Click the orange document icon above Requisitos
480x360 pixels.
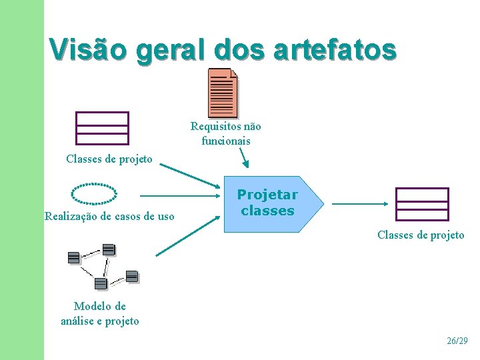(x=223, y=92)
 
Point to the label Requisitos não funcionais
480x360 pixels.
(x=226, y=133)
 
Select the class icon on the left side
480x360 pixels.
(x=101, y=128)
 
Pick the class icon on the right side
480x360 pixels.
(x=421, y=204)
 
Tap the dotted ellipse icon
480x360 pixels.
(x=94, y=193)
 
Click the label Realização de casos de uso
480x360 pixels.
(x=109, y=216)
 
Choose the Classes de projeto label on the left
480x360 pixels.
(x=109, y=159)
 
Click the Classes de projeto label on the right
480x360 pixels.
(x=421, y=235)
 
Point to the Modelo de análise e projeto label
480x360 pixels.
(x=100, y=313)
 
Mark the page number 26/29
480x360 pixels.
(x=457, y=341)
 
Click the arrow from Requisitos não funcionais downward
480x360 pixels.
(x=244, y=157)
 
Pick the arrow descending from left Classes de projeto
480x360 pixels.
(x=189, y=175)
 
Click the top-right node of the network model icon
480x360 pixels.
(x=109, y=250)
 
